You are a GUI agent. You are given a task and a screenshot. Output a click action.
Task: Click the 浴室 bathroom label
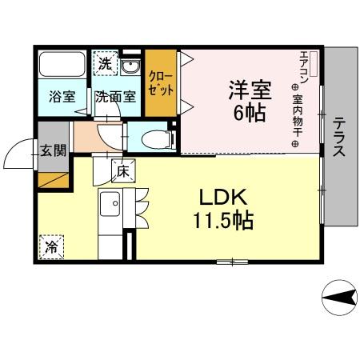(62, 97)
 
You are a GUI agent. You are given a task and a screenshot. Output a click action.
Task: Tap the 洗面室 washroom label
(115, 97)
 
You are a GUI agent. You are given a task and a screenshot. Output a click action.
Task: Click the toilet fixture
(156, 138)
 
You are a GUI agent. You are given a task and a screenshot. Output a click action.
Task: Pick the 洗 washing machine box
(105, 62)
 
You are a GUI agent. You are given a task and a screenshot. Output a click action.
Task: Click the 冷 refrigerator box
(50, 246)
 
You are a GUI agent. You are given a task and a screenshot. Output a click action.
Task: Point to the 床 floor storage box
(123, 170)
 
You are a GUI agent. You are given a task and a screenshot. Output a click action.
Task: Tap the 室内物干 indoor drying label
(295, 120)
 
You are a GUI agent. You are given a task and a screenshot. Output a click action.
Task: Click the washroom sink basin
(134, 66)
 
